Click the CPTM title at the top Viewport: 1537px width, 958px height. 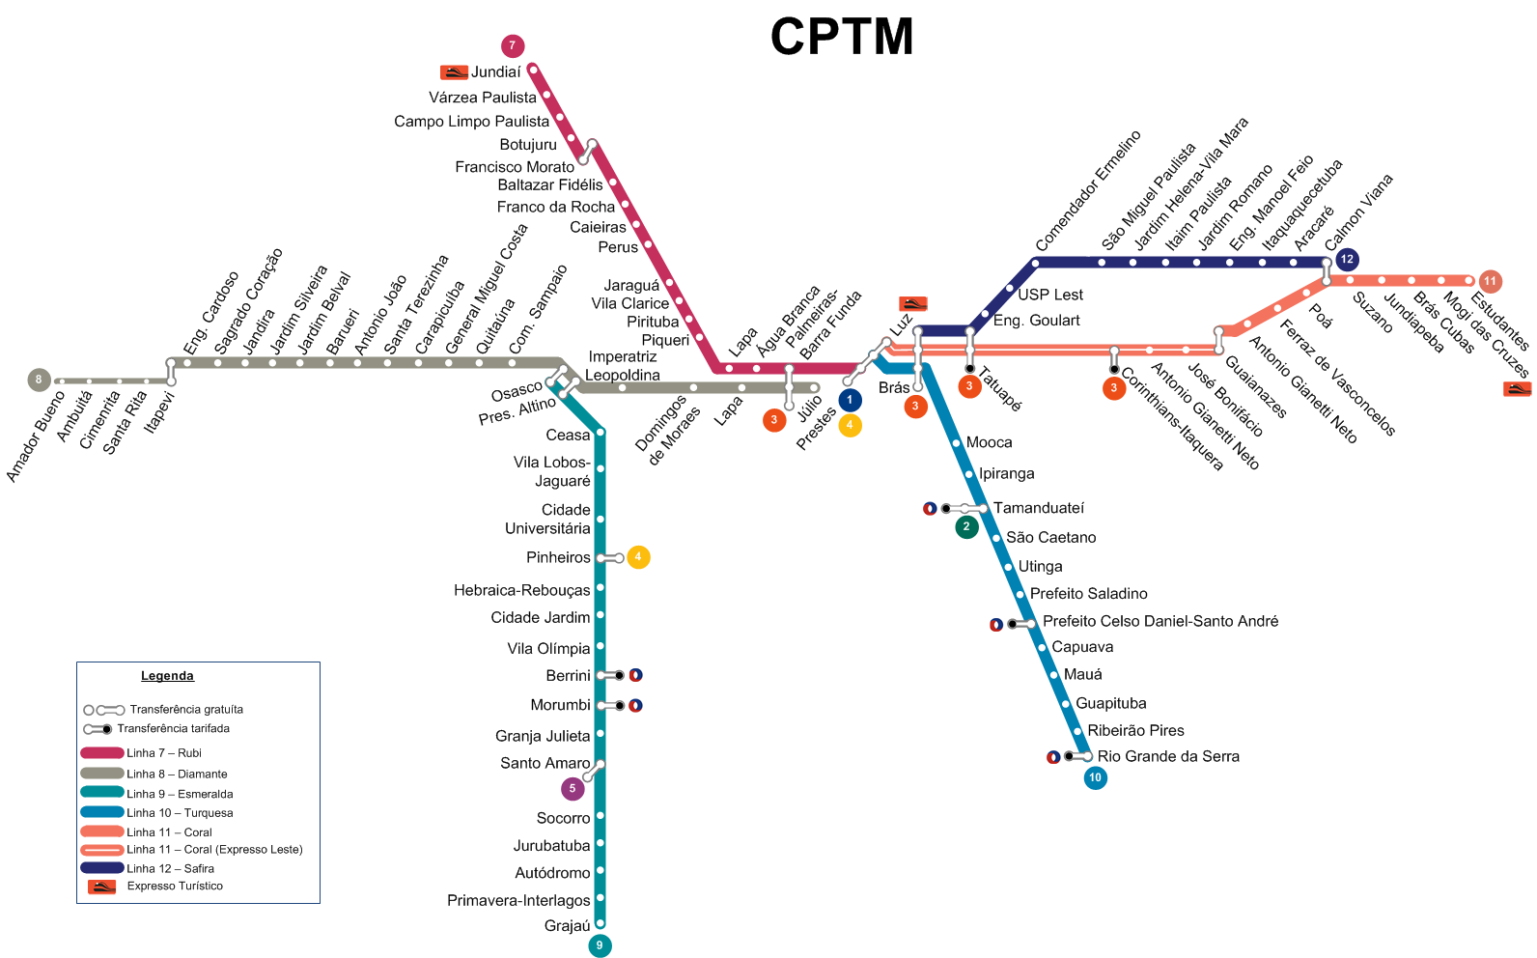[x=842, y=37]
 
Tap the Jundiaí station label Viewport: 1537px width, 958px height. [x=495, y=72]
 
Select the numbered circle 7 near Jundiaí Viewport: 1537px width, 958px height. [x=513, y=46]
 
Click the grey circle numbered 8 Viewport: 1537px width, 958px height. [x=40, y=380]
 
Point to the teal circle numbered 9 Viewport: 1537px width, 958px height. [x=600, y=945]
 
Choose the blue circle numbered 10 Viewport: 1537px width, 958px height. [x=1095, y=777]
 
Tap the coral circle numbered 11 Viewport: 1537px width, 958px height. [x=1490, y=281]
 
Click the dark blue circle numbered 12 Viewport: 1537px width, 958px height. [x=1347, y=260]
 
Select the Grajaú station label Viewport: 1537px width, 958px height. [x=567, y=926]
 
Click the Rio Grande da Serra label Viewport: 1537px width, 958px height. [x=1168, y=756]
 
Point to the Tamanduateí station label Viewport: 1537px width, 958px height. [x=1039, y=508]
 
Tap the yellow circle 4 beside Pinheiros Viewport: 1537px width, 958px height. [x=638, y=557]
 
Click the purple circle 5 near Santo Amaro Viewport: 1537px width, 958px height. [x=573, y=789]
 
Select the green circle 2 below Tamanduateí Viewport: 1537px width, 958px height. [x=966, y=527]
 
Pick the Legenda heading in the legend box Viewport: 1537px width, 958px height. [x=167, y=676]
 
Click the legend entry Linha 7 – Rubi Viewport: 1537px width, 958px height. [x=163, y=753]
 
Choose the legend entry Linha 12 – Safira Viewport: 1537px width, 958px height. [x=170, y=868]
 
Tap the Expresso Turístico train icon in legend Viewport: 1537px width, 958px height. [x=101, y=887]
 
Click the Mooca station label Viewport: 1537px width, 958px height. [x=989, y=442]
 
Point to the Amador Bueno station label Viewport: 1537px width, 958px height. [x=35, y=437]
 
